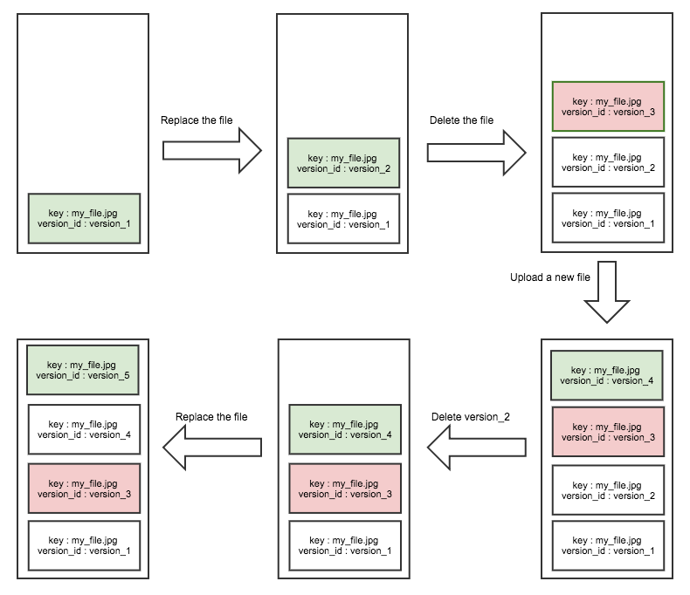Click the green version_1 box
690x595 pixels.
pos(84,218)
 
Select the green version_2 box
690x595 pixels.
pos(343,162)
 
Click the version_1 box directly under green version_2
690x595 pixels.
pos(343,218)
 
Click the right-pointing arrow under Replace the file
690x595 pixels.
pos(212,152)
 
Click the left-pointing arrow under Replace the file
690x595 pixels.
pos(212,448)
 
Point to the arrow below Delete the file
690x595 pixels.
pos(476,152)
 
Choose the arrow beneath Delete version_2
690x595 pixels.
pos(476,448)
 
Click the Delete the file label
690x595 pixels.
pos(461,120)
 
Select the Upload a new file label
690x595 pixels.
pos(550,277)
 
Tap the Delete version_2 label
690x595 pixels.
pos(470,417)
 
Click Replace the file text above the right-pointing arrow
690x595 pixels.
pos(197,120)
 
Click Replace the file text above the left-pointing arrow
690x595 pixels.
pos(211,417)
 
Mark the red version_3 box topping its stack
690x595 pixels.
pos(608,106)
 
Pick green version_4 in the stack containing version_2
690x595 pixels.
pos(606,374)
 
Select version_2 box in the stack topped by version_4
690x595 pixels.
pos(608,489)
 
